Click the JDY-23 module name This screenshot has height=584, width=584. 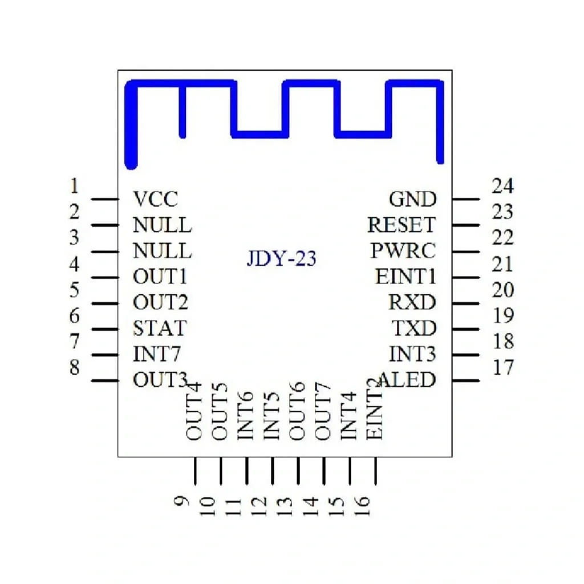click(281, 258)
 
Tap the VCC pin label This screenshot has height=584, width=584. click(156, 199)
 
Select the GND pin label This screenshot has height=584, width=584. click(413, 199)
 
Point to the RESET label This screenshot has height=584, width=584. click(401, 225)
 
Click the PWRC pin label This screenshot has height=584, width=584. click(403, 250)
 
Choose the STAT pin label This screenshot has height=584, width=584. click(160, 328)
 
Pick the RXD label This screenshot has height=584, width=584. click(412, 302)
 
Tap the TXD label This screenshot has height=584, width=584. click(414, 328)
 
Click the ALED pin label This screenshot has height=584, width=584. click(407, 379)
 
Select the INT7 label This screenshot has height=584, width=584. click(157, 354)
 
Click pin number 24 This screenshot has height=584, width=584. click(503, 186)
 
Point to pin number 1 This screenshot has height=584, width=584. click(75, 186)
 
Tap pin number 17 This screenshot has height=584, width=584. click(503, 367)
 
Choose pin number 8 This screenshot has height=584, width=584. click(75, 367)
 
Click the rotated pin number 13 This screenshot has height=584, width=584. click(285, 506)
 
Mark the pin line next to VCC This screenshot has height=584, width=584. click(105, 199)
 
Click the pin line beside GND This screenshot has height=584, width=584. click(466, 199)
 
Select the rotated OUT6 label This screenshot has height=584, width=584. click(297, 411)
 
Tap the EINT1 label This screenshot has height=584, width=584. click(405, 277)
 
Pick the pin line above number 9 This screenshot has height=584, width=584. click(195, 471)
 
